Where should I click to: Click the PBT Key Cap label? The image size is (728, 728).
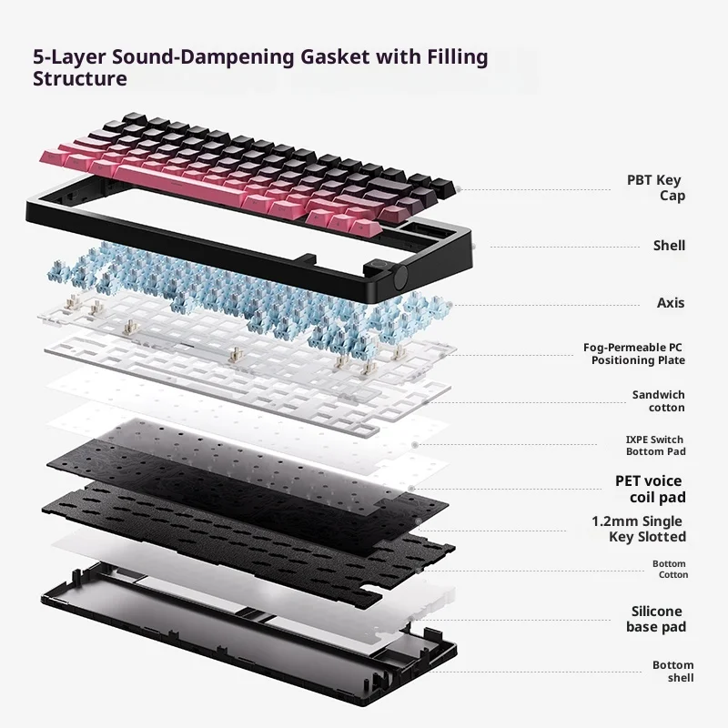[x=654, y=187]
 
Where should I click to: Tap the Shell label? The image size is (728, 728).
[x=669, y=246]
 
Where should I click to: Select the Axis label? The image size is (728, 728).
[x=671, y=303]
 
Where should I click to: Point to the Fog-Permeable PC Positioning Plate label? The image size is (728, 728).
[x=634, y=354]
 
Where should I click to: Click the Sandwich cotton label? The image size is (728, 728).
[x=659, y=401]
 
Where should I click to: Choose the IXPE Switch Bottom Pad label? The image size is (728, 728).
[x=655, y=445]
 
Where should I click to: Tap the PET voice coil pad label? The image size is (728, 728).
[x=651, y=489]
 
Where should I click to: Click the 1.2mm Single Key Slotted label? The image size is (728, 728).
[x=638, y=529]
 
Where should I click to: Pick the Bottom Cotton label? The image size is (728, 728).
[x=670, y=569]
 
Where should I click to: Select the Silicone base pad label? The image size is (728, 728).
[x=655, y=619]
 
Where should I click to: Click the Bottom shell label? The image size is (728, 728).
[x=672, y=671]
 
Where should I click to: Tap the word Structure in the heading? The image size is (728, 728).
[x=79, y=79]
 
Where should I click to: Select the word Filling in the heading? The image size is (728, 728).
[x=457, y=57]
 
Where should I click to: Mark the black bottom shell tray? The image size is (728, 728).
[x=246, y=628]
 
